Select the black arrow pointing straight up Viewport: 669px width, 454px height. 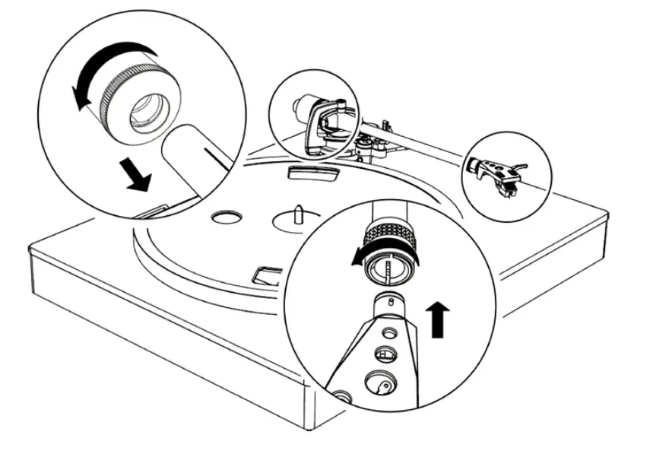click(x=437, y=317)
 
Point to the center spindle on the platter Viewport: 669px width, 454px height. click(x=299, y=211)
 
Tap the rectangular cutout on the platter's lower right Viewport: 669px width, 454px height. click(x=268, y=274)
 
